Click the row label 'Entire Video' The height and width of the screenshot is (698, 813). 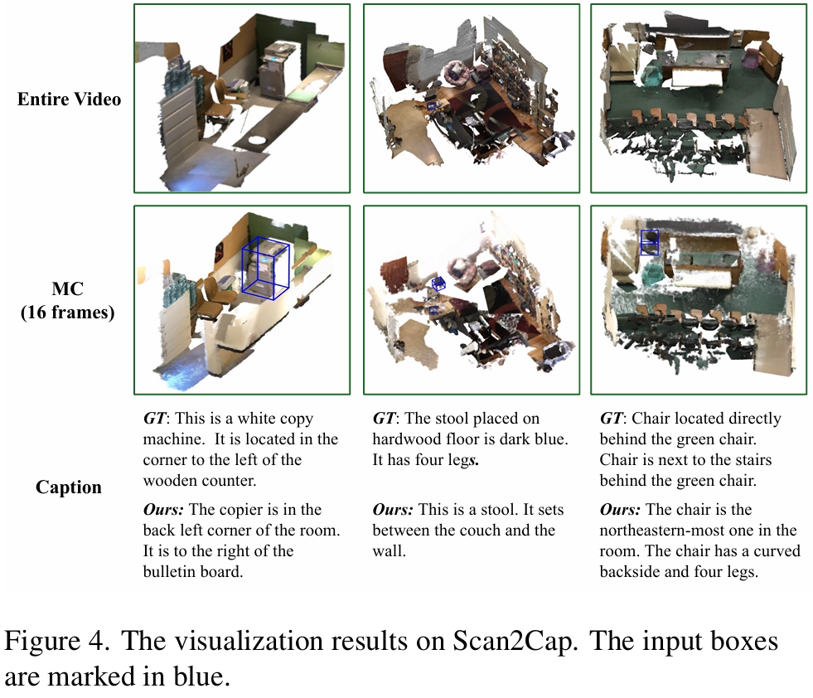70,99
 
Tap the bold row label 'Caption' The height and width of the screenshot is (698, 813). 69,487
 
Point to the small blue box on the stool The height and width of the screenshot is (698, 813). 438,284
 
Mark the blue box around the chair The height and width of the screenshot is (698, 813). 650,242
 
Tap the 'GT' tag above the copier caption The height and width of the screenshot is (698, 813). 154,419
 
